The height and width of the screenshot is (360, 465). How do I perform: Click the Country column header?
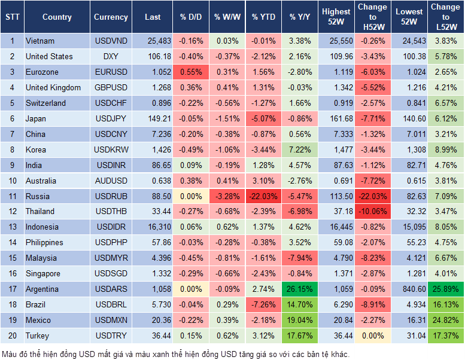pos(57,17)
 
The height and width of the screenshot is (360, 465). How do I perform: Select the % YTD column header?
pos(263,17)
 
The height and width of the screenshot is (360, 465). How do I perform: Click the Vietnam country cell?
pos(41,41)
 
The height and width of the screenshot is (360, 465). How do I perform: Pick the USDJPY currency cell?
pos(111,118)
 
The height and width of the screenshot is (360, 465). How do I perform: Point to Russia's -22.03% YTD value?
pos(263,196)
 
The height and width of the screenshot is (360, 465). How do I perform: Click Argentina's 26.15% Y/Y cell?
pos(300,289)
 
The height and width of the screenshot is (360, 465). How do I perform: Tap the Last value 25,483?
pos(153,41)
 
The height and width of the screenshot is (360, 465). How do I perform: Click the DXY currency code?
pos(111,56)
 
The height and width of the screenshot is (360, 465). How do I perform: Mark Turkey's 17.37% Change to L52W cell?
pos(445,335)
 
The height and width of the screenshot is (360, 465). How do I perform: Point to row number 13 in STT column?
pos(12,227)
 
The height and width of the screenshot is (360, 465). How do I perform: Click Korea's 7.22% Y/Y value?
pos(300,150)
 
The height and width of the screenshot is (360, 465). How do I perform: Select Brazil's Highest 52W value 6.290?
pos(336,304)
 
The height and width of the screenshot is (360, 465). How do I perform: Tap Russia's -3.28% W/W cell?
pos(227,196)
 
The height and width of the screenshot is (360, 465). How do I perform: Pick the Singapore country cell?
pos(43,273)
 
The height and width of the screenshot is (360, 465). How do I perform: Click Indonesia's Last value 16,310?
pos(153,227)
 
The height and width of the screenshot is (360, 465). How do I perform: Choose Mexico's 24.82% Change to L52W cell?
pos(445,320)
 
